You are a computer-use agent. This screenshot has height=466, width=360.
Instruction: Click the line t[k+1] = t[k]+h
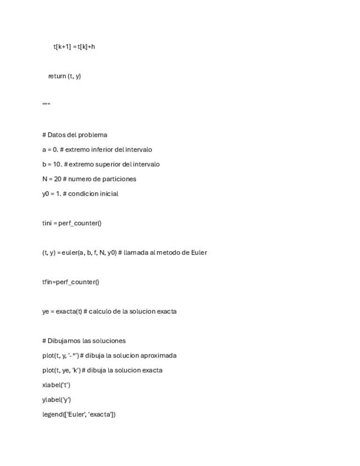pos(74,47)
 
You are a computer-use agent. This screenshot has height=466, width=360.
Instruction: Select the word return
pos(57,76)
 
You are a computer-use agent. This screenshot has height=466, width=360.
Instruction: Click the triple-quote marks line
pos(46,104)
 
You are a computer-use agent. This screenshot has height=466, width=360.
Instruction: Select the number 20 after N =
pos(58,179)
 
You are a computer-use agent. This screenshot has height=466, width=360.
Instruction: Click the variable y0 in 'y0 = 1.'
pos(46,194)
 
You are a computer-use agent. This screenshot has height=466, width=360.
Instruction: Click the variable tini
pos(48,223)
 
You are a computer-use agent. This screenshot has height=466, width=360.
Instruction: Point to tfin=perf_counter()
pos(70,282)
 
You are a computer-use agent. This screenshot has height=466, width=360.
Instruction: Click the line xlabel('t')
pos(56,385)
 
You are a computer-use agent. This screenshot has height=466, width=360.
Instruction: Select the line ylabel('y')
pos(57,400)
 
